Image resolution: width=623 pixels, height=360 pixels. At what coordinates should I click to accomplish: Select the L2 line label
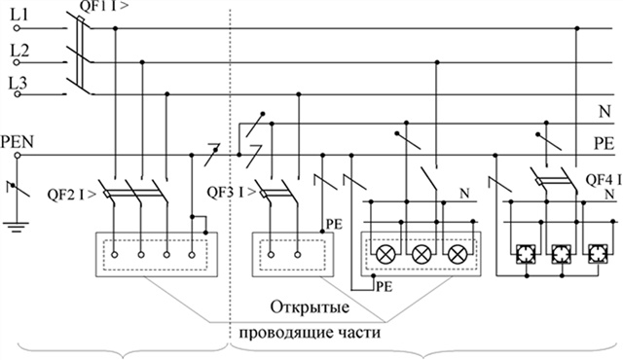coord(18,48)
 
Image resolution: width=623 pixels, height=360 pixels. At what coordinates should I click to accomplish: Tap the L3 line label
coord(18,85)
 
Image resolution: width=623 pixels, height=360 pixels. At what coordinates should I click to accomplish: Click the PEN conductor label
coord(20,140)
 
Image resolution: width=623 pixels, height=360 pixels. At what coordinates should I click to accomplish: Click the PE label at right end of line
coord(604,142)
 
